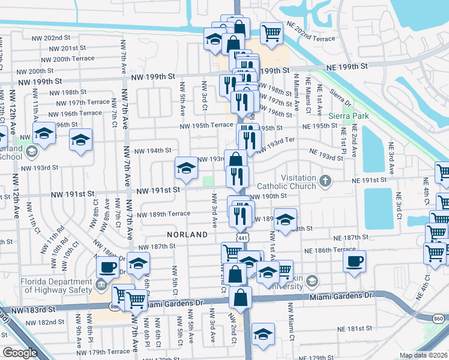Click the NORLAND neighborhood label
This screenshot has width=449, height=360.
coord(187,235)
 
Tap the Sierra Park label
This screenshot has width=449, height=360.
coord(347,115)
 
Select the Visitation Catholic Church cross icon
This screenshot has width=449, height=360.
coord(325,181)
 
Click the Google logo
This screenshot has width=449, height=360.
coord(20,353)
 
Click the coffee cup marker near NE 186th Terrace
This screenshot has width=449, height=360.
coord(354,262)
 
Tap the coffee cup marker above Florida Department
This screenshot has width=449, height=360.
coord(107,266)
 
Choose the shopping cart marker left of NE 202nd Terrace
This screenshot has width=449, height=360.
coord(272,32)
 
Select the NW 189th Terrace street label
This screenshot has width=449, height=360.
coord(163,214)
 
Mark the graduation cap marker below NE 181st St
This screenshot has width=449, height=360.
coord(263,334)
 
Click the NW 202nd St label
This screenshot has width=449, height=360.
coord(53,37)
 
